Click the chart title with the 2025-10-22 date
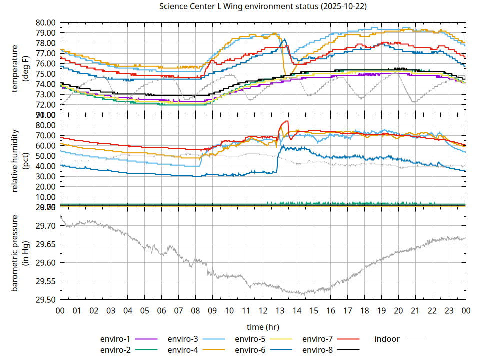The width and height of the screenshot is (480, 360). [x=262, y=7]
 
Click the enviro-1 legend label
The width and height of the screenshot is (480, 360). [x=115, y=339]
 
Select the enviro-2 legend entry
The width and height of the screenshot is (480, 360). [x=115, y=349]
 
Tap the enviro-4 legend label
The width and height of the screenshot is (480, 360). [x=182, y=349]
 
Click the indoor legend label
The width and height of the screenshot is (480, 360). [x=387, y=339]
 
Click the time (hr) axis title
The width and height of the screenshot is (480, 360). [x=263, y=327]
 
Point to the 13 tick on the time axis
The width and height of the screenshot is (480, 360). [x=280, y=310]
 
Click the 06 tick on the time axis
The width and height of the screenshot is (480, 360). [x=161, y=310]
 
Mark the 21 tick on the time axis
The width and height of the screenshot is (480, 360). [x=415, y=310]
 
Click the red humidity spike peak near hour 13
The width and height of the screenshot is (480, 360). [x=286, y=121]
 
